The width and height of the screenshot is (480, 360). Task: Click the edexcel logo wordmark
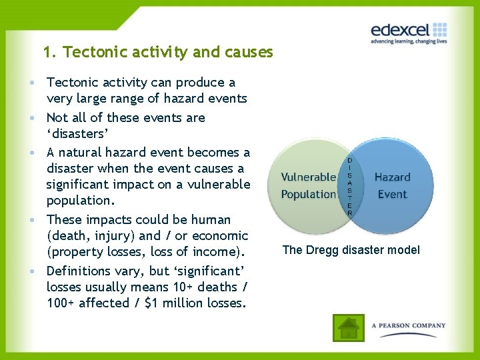pos(401,30)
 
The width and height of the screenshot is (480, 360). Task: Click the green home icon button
pos(349,327)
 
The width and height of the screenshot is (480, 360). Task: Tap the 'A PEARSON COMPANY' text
pos(409,326)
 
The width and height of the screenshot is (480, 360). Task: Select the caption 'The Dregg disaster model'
pos(351,250)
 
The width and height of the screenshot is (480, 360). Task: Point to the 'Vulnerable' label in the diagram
pos(308,177)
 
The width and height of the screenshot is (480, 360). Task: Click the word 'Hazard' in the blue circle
pos(392,177)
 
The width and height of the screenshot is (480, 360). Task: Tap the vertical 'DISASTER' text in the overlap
pos(350,186)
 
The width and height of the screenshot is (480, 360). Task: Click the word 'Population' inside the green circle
pos(308,194)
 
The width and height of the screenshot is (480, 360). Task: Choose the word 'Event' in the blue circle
pos(392,194)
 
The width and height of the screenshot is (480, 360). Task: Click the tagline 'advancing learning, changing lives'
pos(409,41)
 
